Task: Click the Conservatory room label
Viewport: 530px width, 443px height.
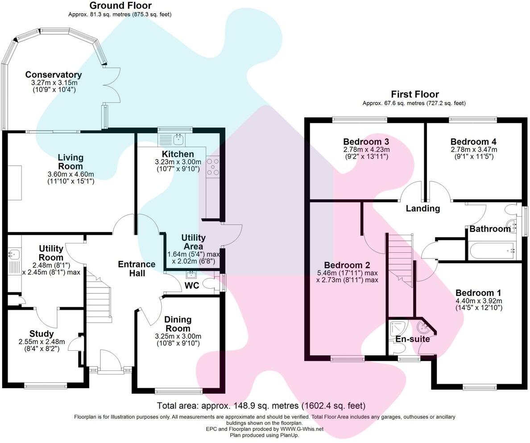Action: [x=54, y=75]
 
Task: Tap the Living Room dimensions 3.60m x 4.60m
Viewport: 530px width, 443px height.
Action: [x=70, y=174]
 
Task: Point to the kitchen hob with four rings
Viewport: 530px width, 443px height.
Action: [x=212, y=166]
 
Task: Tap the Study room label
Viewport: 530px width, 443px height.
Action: [x=42, y=334]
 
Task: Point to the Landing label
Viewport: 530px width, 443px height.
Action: [x=422, y=208]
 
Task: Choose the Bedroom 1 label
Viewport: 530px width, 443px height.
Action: [x=478, y=293]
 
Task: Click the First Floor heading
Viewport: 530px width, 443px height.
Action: [x=414, y=94]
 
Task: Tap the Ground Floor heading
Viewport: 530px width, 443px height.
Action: [x=120, y=6]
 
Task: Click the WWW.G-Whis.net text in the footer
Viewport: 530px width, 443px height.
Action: [x=302, y=429]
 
